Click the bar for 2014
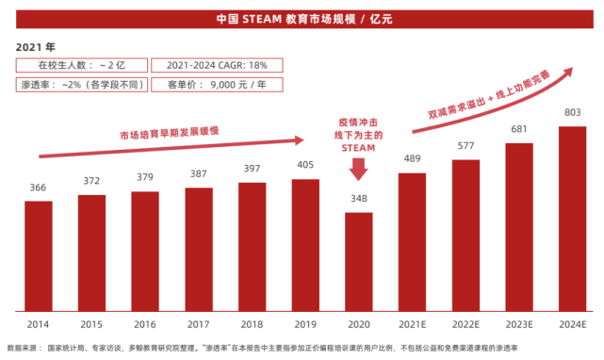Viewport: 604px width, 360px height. coord(39,255)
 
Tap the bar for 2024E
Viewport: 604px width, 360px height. coord(572,219)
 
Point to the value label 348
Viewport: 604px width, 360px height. coord(358,200)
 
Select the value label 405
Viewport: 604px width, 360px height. coord(305,165)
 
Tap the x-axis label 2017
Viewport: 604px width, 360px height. coord(199,323)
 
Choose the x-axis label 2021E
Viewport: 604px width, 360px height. coord(412,323)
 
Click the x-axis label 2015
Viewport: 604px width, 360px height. coord(91,323)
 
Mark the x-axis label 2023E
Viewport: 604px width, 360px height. coord(519,323)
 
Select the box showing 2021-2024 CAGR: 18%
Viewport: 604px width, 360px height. coord(217,65)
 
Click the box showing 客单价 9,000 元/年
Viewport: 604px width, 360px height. coord(217,84)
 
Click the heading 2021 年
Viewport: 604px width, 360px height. coord(36,46)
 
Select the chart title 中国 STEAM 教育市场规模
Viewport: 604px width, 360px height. coord(302,19)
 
